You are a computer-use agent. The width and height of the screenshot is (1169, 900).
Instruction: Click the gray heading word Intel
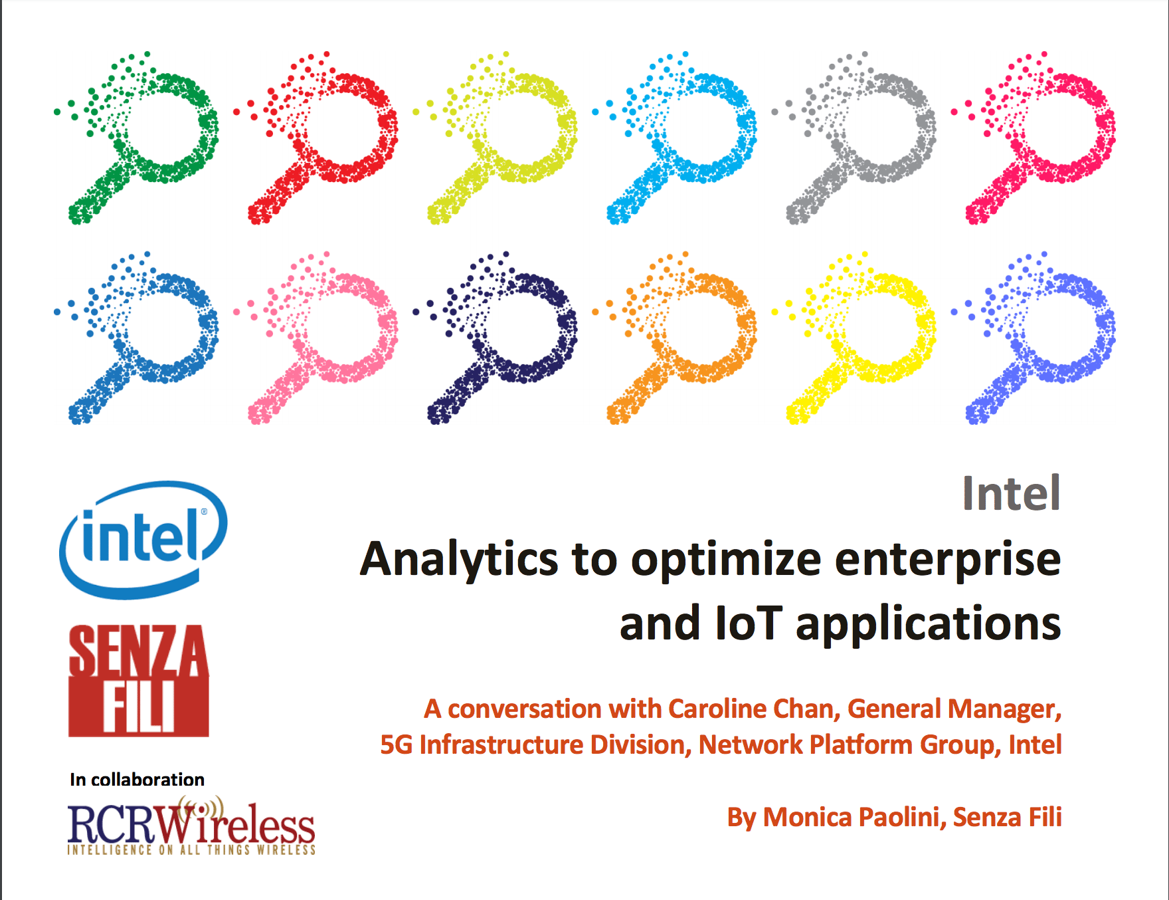coord(1012,493)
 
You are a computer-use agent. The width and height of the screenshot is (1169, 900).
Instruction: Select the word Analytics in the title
coord(459,560)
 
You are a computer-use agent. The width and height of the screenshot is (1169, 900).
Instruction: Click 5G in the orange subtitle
coord(396,745)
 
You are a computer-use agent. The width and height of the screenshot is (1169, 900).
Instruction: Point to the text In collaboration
coord(137,779)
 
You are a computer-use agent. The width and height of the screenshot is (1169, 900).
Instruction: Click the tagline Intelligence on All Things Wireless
coord(191,849)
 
